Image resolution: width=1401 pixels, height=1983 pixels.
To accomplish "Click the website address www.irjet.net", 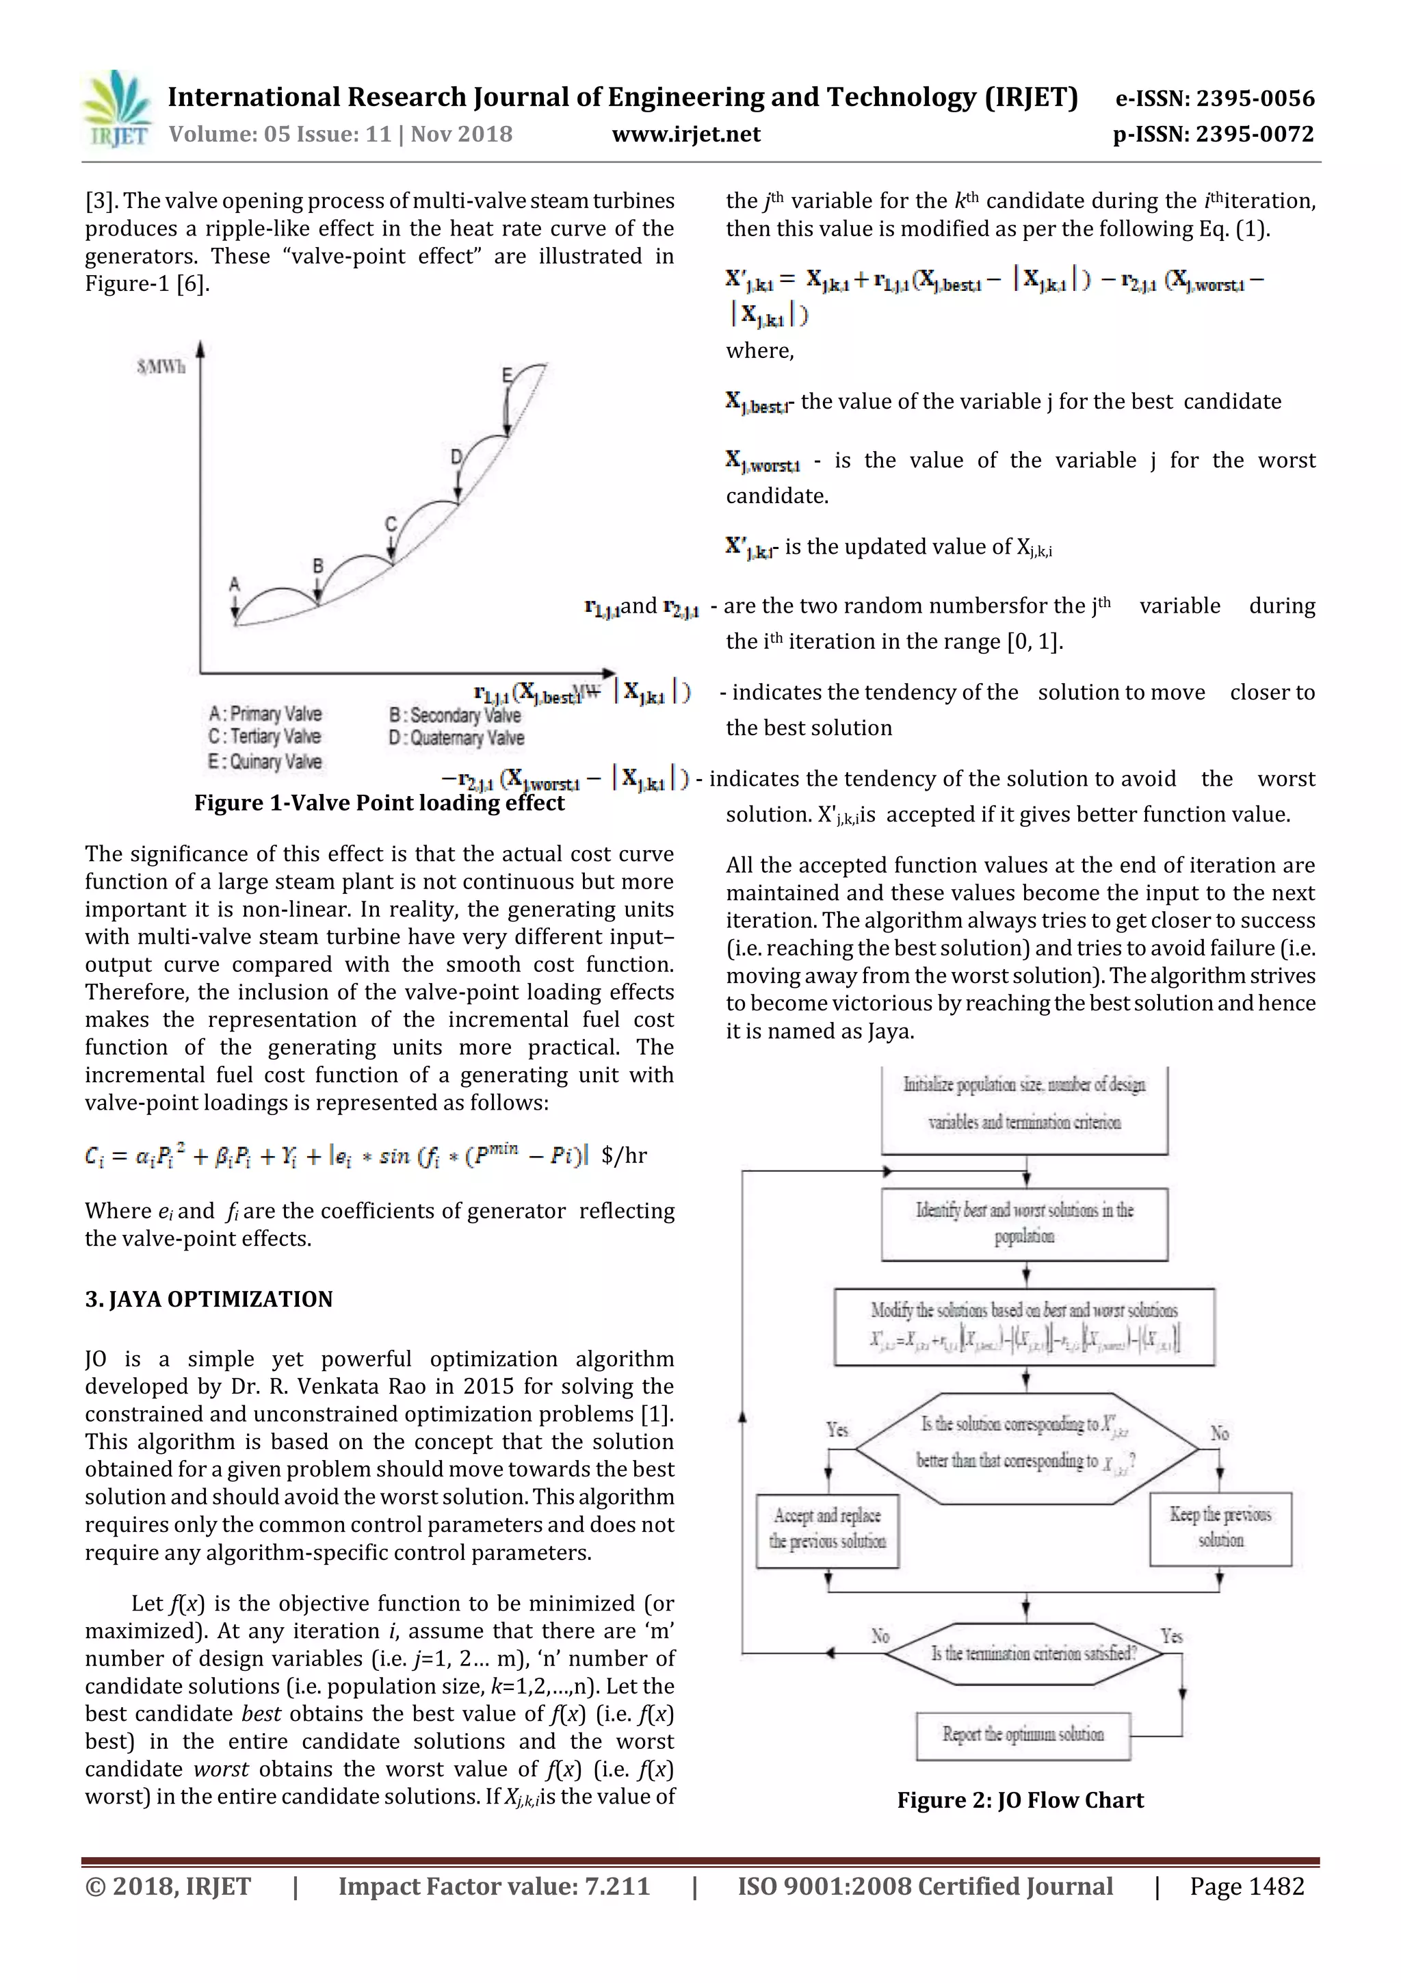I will click(x=685, y=135).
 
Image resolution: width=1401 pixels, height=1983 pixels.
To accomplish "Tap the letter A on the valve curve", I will click(x=234, y=585).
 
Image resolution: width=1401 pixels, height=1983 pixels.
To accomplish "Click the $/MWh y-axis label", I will click(x=161, y=367).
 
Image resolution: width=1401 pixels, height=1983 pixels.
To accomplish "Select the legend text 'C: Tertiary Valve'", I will click(x=265, y=737).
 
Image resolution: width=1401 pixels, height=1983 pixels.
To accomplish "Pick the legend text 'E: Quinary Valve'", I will click(x=265, y=762).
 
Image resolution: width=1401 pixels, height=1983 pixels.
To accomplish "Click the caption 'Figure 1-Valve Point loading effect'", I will click(x=379, y=803).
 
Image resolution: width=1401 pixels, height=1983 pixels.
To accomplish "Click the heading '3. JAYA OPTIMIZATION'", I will click(x=208, y=1299).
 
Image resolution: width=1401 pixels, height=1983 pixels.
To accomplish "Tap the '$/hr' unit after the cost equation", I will click(x=624, y=1155).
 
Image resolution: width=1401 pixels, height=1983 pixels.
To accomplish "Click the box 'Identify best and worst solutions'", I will click(x=1024, y=1223).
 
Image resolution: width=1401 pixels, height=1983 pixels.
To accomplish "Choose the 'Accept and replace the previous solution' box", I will click(x=827, y=1528).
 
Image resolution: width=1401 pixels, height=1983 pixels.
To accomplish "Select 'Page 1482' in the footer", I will click(x=1246, y=1886).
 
